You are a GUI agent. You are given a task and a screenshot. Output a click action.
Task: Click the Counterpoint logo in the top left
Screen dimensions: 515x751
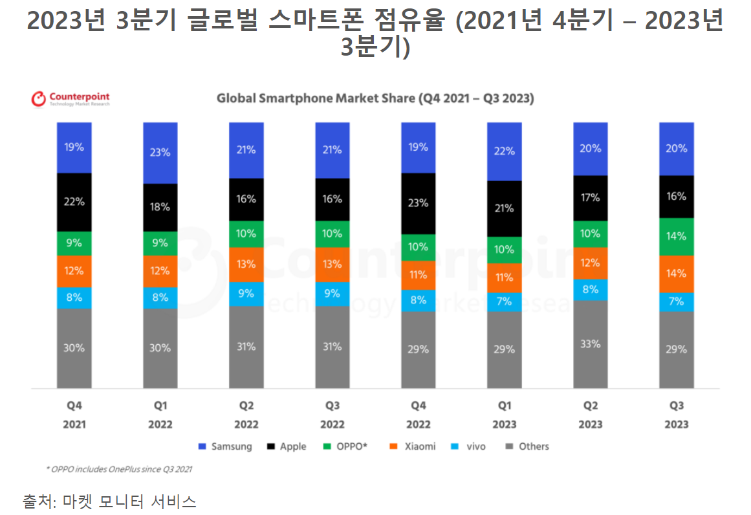[71, 99]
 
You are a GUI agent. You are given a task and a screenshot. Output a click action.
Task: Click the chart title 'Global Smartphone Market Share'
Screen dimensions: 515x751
[375, 99]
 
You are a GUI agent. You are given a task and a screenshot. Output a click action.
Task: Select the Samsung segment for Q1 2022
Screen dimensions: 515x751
[160, 153]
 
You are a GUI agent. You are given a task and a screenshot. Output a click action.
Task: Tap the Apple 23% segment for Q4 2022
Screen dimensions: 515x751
[418, 203]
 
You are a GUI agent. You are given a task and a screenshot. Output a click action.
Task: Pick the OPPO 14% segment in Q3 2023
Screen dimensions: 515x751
[676, 237]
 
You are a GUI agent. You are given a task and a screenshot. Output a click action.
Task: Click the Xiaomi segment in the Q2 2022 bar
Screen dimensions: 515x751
[246, 264]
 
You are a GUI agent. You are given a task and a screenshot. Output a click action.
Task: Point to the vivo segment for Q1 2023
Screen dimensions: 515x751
[504, 301]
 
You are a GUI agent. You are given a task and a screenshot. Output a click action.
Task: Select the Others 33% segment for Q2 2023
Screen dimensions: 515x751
[590, 344]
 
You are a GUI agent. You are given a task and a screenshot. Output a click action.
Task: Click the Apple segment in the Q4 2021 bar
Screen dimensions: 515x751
[74, 202]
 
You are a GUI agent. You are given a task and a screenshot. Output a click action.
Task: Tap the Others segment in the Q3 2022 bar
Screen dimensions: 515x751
[332, 347]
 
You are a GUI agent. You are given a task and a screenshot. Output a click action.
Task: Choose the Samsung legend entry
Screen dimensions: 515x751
[225, 446]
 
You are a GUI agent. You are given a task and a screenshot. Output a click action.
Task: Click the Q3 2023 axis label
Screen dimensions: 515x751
[676, 415]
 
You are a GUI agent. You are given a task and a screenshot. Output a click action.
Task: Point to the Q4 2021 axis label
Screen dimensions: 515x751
[74, 415]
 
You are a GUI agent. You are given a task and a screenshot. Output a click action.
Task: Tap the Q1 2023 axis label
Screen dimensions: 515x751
[504, 415]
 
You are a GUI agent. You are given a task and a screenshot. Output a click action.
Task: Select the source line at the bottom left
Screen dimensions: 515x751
[109, 501]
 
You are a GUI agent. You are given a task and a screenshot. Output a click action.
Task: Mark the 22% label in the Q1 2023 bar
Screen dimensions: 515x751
[504, 151]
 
